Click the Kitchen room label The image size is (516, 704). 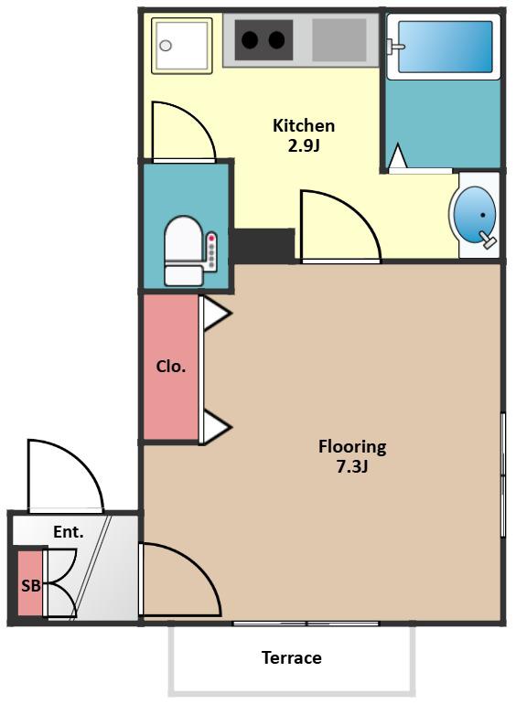click(304, 126)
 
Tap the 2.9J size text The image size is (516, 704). click(304, 146)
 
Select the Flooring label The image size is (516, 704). click(352, 447)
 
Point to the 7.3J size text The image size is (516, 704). click(352, 467)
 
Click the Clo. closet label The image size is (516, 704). click(171, 367)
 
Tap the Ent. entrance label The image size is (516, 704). click(69, 532)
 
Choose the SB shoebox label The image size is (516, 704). click(31, 585)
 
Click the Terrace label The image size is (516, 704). click(292, 657)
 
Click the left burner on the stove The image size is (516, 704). click(250, 40)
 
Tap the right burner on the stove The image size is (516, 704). click(276, 40)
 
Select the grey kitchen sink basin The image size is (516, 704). click(339, 40)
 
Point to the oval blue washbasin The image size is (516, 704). click(475, 215)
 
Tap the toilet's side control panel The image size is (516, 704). click(210, 251)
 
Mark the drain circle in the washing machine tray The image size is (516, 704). click(166, 46)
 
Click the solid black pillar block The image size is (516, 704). click(263, 245)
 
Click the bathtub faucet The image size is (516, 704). click(395, 47)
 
